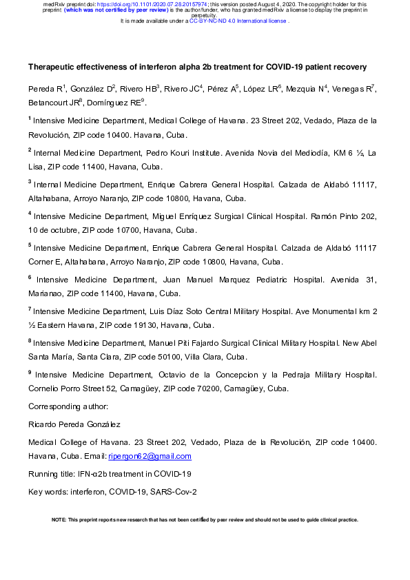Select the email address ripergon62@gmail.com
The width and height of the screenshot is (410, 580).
pyautogui.click(x=150, y=456)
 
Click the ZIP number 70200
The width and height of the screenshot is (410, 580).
pyautogui.click(x=203, y=389)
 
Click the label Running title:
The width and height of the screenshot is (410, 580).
pyautogui.click(x=51, y=474)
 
